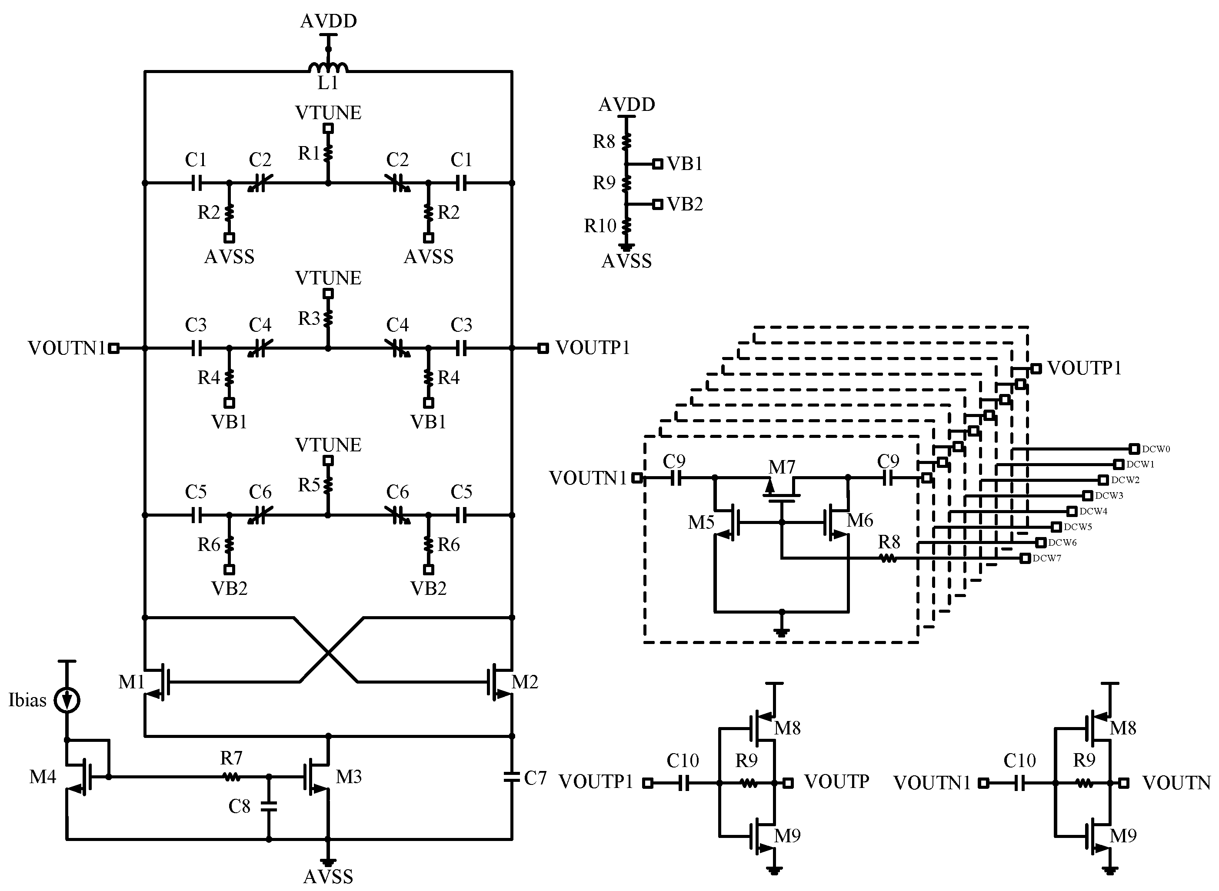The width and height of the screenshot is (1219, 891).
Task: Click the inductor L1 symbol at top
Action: point(328,67)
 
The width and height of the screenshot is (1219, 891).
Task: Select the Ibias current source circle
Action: point(67,701)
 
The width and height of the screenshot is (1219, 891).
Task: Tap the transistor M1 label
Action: point(131,682)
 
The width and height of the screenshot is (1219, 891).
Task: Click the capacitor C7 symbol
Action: point(512,777)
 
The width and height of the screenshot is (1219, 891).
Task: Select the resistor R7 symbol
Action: point(232,777)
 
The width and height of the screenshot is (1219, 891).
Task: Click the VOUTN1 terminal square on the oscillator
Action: point(114,348)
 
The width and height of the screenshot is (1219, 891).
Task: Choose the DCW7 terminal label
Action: point(1047,558)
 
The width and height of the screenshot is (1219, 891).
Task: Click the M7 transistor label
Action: point(782,467)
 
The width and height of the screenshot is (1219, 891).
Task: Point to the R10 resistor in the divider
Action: point(626,225)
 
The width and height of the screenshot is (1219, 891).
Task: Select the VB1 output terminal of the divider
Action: point(657,164)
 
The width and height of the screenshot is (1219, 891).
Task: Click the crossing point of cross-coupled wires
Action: point(328,653)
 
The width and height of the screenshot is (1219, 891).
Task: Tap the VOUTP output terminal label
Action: point(836,781)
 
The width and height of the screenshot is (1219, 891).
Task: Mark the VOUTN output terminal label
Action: point(1176,783)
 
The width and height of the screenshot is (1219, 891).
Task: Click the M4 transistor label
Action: point(43,777)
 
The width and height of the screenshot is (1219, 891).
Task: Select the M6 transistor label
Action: point(859,521)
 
